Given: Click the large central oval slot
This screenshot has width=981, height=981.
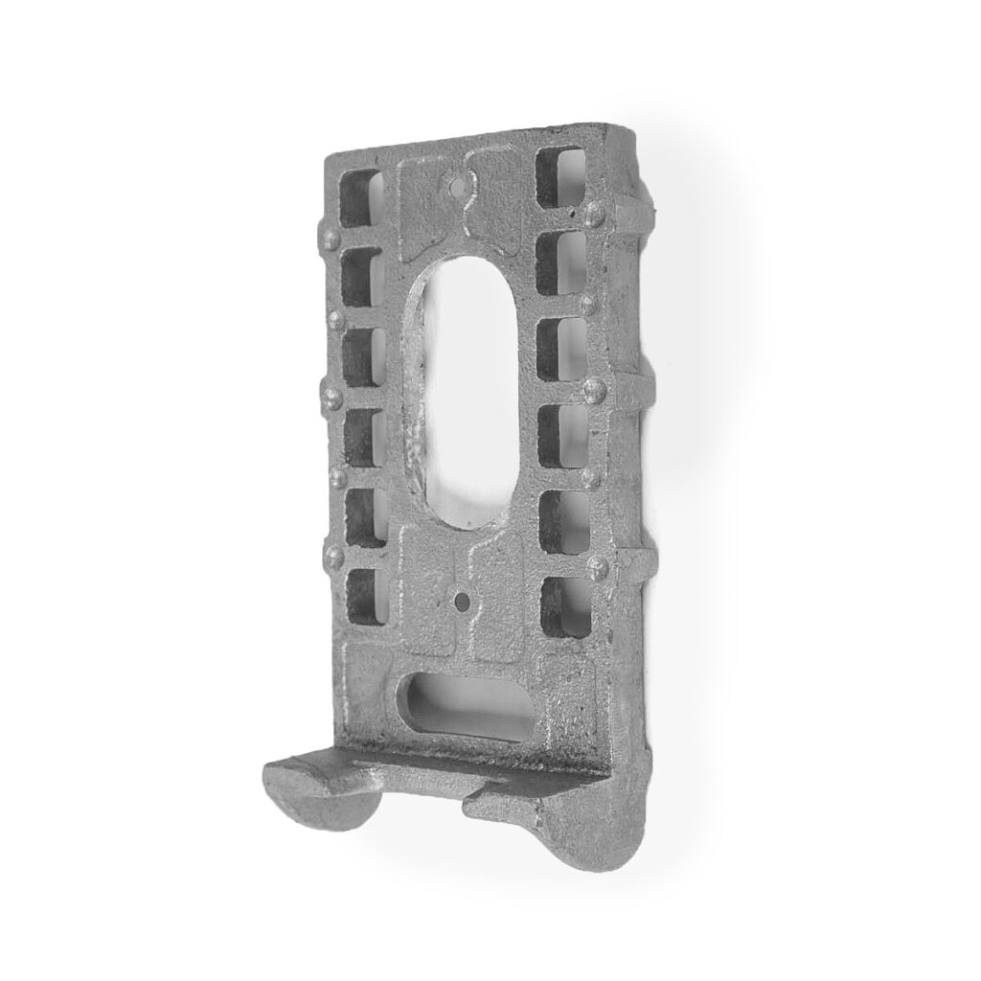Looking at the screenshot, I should [462, 388].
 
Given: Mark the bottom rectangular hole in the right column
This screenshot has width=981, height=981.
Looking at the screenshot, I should [561, 607].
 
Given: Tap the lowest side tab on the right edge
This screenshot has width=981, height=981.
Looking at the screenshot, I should [637, 565].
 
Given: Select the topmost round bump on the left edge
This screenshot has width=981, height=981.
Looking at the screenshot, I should [331, 238].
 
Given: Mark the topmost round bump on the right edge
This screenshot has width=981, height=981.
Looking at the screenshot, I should [594, 214].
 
